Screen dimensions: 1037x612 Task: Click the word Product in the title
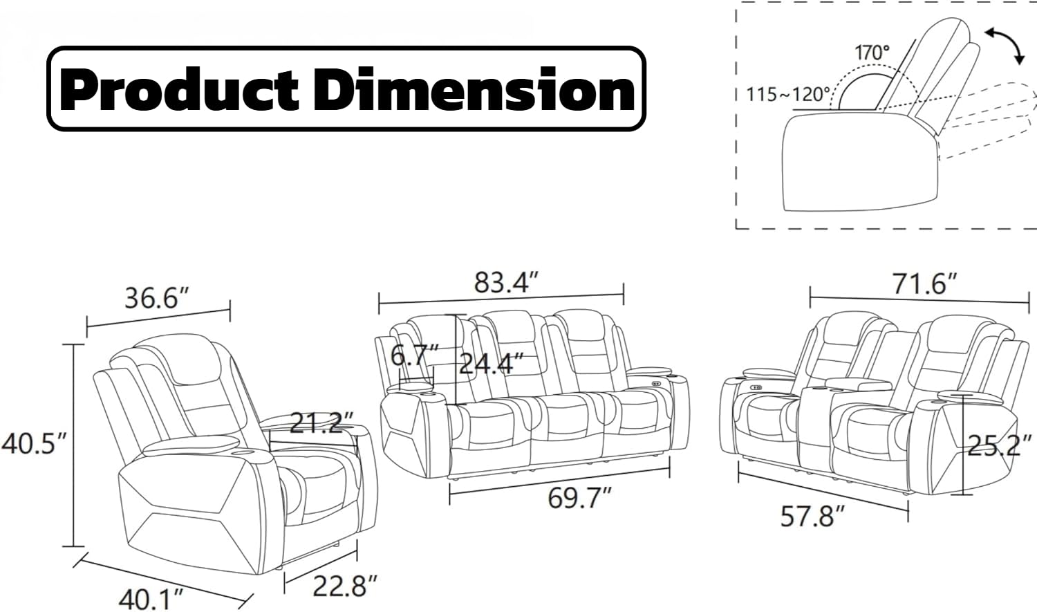coord(179,89)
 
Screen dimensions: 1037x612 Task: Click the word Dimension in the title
coord(477,89)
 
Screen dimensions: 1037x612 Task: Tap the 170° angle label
coord(872,53)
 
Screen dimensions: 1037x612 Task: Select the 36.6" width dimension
coord(158,298)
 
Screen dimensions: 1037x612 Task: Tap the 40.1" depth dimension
coord(151,600)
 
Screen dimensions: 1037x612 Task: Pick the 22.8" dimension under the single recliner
coord(346,586)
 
